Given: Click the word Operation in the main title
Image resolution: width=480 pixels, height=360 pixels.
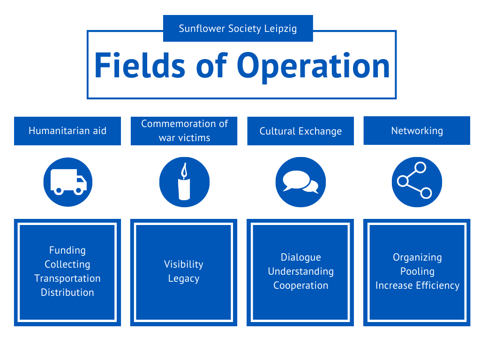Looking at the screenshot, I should [313, 66].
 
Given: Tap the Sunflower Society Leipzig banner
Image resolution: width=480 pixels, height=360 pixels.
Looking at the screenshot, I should [238, 29].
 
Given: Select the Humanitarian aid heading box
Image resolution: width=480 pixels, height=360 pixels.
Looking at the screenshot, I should [67, 131].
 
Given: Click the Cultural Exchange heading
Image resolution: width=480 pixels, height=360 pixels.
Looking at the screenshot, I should [300, 131].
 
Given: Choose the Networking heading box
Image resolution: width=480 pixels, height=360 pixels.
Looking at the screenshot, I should [417, 130].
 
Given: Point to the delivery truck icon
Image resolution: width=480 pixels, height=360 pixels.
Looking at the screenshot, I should [68, 182].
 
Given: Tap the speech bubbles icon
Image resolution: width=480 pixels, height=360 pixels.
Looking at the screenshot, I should [300, 182].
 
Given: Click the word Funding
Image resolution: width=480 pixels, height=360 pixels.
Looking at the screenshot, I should [67, 250].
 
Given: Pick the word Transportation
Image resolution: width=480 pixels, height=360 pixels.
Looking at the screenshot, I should [67, 278].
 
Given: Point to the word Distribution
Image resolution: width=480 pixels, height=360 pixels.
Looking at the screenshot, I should [67, 292].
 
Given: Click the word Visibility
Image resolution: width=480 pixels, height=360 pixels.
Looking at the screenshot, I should [184, 264].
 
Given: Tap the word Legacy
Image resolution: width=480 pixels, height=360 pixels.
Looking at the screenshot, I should [184, 278].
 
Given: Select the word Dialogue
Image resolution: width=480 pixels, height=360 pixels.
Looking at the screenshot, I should [300, 257].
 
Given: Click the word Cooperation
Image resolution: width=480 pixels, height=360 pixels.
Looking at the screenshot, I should [300, 285].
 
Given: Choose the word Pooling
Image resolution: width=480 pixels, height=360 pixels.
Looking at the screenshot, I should [417, 271].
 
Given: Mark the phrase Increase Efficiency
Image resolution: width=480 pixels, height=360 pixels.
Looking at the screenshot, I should [417, 285].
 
